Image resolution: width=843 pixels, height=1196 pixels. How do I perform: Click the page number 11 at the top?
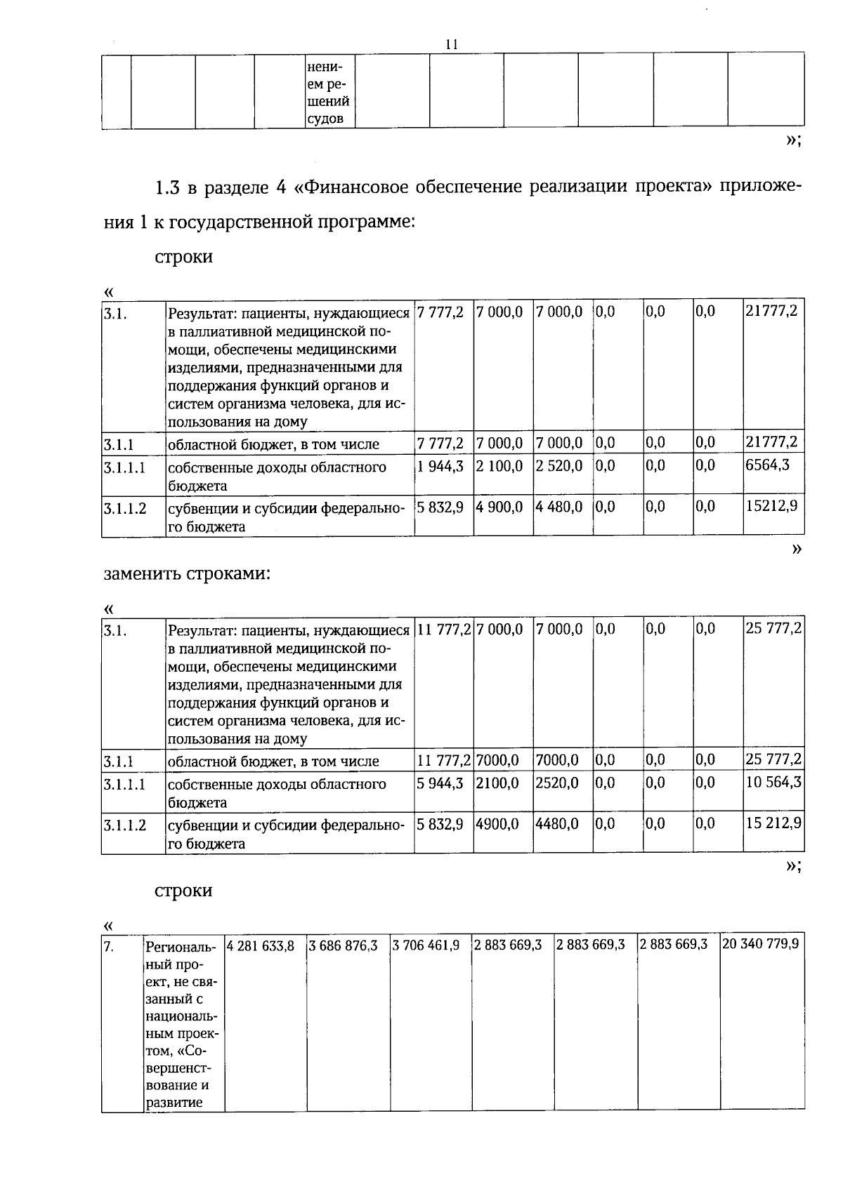pyautogui.click(x=452, y=44)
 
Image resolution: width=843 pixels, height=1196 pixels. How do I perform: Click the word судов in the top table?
pyautogui.click(x=325, y=118)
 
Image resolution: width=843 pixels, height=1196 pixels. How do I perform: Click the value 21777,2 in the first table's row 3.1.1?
pyautogui.click(x=771, y=442)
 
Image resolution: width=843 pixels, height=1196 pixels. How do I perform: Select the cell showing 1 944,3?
pyautogui.click(x=440, y=466)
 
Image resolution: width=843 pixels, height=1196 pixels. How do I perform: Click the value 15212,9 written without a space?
pyautogui.click(x=771, y=507)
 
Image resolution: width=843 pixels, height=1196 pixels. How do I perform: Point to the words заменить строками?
pyautogui.click(x=187, y=573)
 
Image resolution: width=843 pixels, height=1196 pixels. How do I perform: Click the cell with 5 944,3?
pyautogui.click(x=440, y=783)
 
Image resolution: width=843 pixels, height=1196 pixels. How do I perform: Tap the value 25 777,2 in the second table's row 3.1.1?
pyautogui.click(x=773, y=759)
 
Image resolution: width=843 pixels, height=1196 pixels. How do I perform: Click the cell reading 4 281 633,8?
pyautogui.click(x=261, y=945)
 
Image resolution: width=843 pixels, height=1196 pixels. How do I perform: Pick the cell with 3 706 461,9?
pyautogui.click(x=426, y=945)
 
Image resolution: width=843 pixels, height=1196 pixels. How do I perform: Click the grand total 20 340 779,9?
pyautogui.click(x=761, y=944)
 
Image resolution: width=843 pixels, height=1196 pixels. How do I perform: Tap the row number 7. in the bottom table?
pyautogui.click(x=109, y=947)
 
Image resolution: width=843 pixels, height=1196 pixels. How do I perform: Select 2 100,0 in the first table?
pyautogui.click(x=499, y=466)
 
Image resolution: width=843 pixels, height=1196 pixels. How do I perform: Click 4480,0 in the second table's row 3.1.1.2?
pyautogui.click(x=557, y=823)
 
